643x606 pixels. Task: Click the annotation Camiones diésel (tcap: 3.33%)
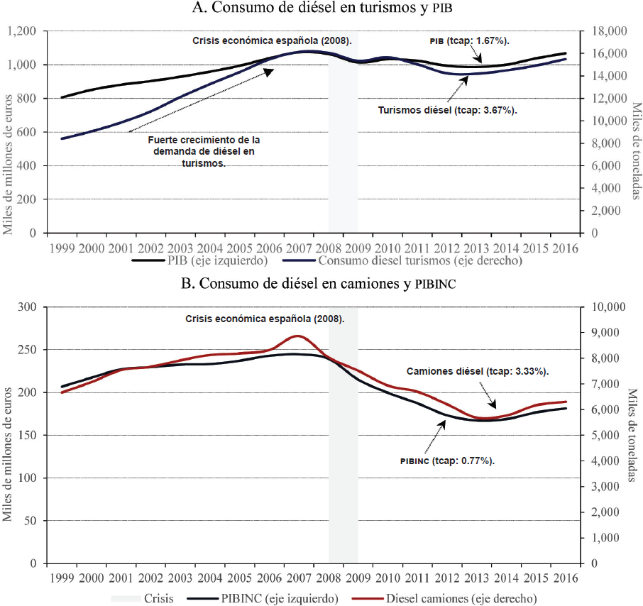(x=478, y=371)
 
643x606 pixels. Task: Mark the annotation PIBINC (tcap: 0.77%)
(x=447, y=460)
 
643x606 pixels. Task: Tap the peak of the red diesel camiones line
(x=297, y=336)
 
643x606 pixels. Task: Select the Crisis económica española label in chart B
(x=263, y=319)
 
